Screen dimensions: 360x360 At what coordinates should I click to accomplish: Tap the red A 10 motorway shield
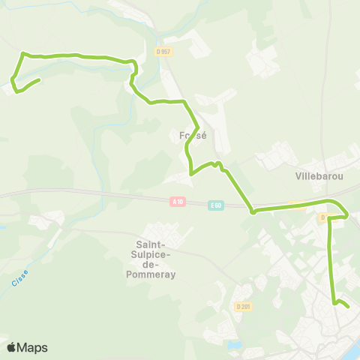click(177, 202)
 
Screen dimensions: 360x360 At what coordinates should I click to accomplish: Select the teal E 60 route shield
click(216, 204)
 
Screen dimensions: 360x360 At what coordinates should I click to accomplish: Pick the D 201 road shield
click(242, 307)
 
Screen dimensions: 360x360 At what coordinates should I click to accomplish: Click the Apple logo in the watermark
click(11, 347)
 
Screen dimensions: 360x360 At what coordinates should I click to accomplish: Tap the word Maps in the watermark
click(32, 347)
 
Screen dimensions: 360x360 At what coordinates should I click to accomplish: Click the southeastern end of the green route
click(349, 306)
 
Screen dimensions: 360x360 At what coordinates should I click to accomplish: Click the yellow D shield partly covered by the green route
click(323, 217)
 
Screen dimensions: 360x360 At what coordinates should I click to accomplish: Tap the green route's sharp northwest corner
click(23, 54)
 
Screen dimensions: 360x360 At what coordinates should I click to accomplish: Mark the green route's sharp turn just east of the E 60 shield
click(253, 212)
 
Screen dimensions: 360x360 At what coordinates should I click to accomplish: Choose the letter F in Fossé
click(183, 136)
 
